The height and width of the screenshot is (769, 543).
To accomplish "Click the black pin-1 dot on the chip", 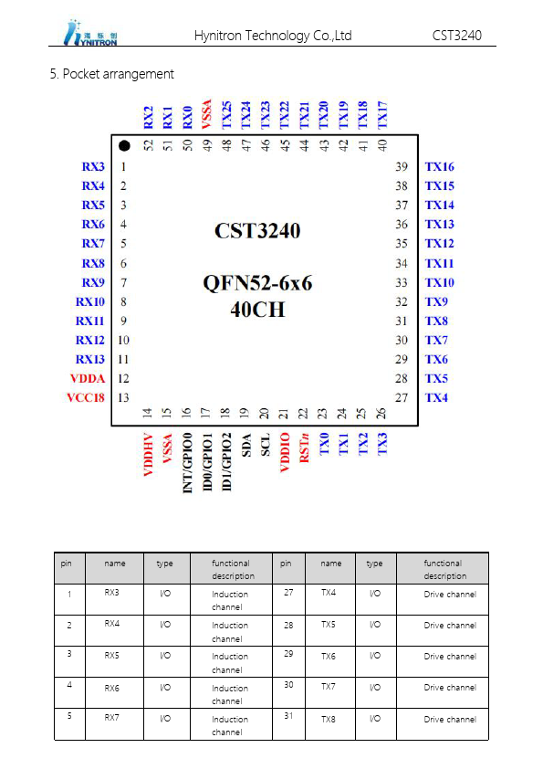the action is [124, 145].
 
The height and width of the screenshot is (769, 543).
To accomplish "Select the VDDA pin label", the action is [88, 379].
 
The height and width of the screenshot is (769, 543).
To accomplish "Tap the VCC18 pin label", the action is [86, 397].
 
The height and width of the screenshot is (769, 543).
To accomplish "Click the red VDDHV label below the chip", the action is [149, 455].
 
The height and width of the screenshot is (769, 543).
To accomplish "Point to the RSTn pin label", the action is [304, 448].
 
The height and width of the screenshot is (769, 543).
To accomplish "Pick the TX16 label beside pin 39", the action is [440, 167].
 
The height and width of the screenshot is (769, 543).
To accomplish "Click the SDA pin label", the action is [246, 446].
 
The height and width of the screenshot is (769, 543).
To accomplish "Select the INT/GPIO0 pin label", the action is [187, 462].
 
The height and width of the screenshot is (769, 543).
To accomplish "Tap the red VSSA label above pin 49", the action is [207, 114].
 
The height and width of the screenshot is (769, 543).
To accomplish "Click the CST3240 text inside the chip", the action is [257, 231].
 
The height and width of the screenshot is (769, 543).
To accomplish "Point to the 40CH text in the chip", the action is [257, 310].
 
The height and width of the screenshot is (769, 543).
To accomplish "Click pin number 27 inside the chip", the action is [402, 397].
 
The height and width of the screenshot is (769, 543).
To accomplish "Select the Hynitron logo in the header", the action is [90, 33].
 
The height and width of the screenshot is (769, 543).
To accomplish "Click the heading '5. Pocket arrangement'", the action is [111, 74].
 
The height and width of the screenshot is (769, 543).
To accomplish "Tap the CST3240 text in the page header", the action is [456, 36].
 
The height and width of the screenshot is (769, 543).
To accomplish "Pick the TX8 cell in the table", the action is [329, 720].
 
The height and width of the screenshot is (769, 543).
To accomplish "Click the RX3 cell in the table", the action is [111, 593].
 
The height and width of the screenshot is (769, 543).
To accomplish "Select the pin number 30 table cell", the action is [288, 685].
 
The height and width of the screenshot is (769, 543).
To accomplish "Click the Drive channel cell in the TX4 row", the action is [450, 595].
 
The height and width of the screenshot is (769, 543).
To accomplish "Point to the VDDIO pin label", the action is [285, 452].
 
